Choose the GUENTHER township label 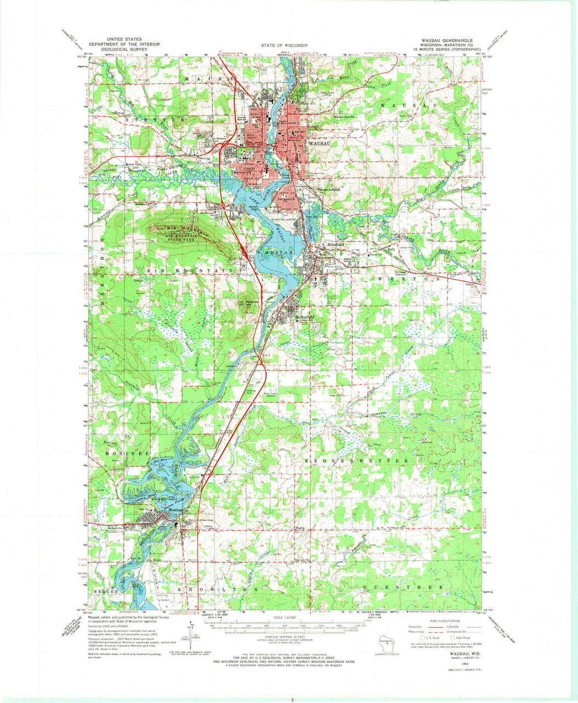tap(403, 587)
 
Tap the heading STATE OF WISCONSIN tap(284, 45)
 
